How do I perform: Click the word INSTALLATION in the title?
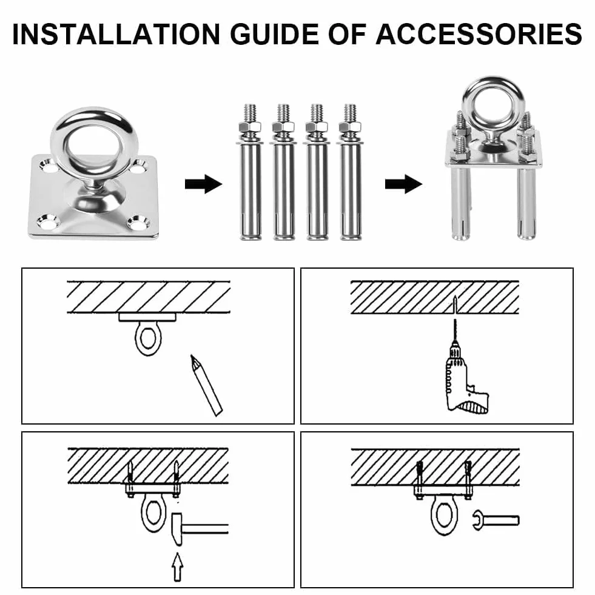coord(116,34)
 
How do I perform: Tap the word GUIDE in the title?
coord(274,34)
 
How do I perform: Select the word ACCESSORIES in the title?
coord(479,34)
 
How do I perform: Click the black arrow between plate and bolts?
coord(203,184)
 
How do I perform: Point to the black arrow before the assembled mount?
coord(403,184)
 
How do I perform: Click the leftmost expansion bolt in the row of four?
coord(250,172)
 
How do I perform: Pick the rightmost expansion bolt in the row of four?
coord(350,172)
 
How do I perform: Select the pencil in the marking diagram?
coord(206,385)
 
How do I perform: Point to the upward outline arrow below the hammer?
coord(177,567)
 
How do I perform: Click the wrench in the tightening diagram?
coord(496,520)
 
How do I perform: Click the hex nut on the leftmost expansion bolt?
coord(250,126)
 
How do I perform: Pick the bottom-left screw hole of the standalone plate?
coord(48,223)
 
